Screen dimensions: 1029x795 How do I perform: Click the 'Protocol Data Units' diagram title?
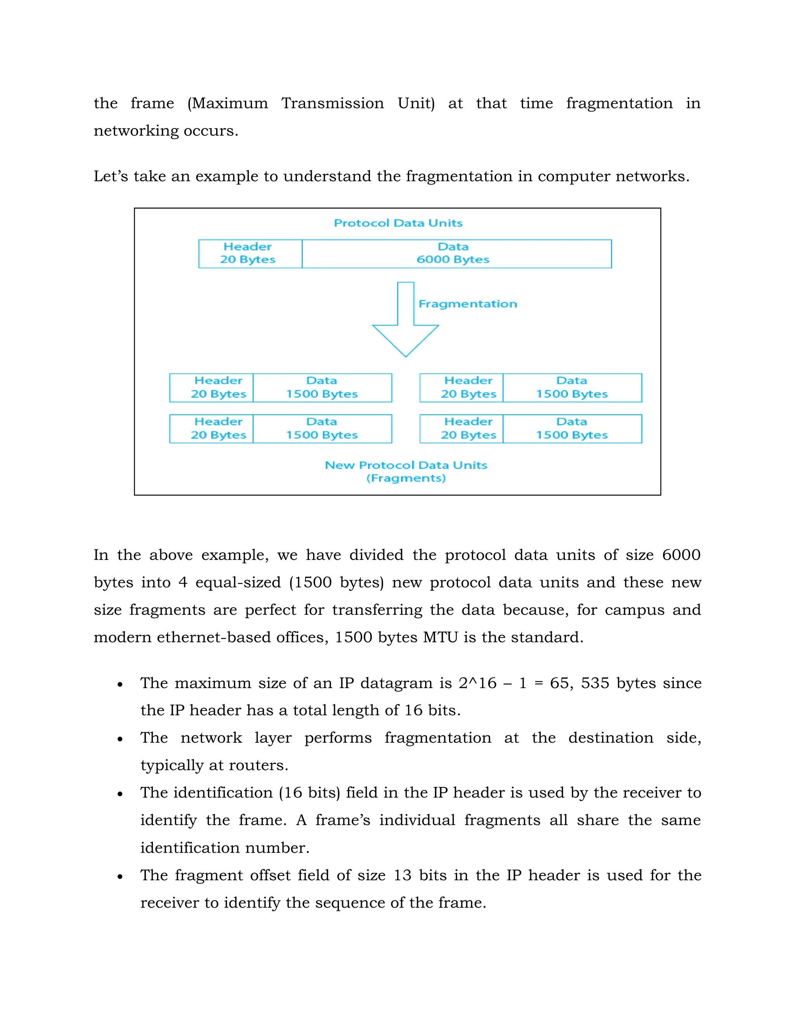tap(398, 223)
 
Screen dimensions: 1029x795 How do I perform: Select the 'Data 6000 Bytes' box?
tap(457, 254)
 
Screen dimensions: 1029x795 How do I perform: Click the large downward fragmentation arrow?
tap(406, 325)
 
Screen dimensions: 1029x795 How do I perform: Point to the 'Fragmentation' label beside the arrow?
tap(467, 304)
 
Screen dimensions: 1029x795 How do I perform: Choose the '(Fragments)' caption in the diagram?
tap(406, 478)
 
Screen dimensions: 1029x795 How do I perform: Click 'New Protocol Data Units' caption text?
tap(406, 465)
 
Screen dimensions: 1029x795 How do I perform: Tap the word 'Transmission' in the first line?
tap(333, 103)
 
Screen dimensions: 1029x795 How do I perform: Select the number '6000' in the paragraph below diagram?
tap(681, 555)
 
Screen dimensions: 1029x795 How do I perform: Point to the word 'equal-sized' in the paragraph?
tap(238, 582)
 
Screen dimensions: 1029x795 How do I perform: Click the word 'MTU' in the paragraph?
tap(440, 638)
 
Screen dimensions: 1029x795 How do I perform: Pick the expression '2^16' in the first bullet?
tap(477, 683)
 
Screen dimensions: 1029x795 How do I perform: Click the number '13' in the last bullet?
tap(402, 875)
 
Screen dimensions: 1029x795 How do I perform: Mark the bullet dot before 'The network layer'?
tap(120, 739)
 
